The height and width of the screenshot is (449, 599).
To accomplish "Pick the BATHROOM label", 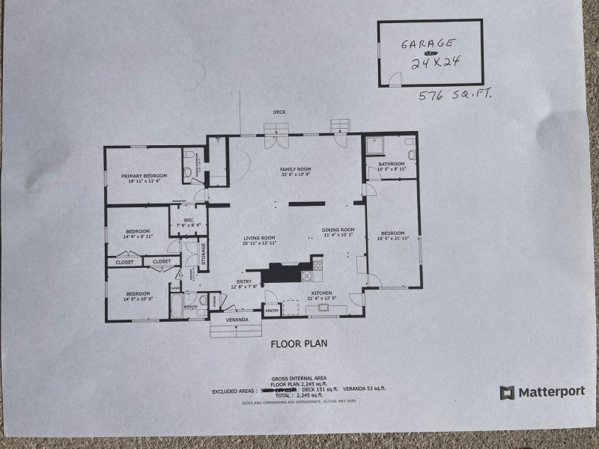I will [391, 163].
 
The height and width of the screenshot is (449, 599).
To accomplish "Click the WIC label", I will [189, 220].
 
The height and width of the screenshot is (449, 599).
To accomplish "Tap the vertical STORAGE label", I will [203, 254].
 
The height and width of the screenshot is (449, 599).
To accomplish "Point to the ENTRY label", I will [244, 281].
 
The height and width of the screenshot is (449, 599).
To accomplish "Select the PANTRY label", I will [272, 310].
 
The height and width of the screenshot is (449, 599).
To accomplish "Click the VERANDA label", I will [237, 320].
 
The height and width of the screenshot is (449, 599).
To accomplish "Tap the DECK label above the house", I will [279, 112].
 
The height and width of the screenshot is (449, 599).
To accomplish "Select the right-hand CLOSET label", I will [161, 261].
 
